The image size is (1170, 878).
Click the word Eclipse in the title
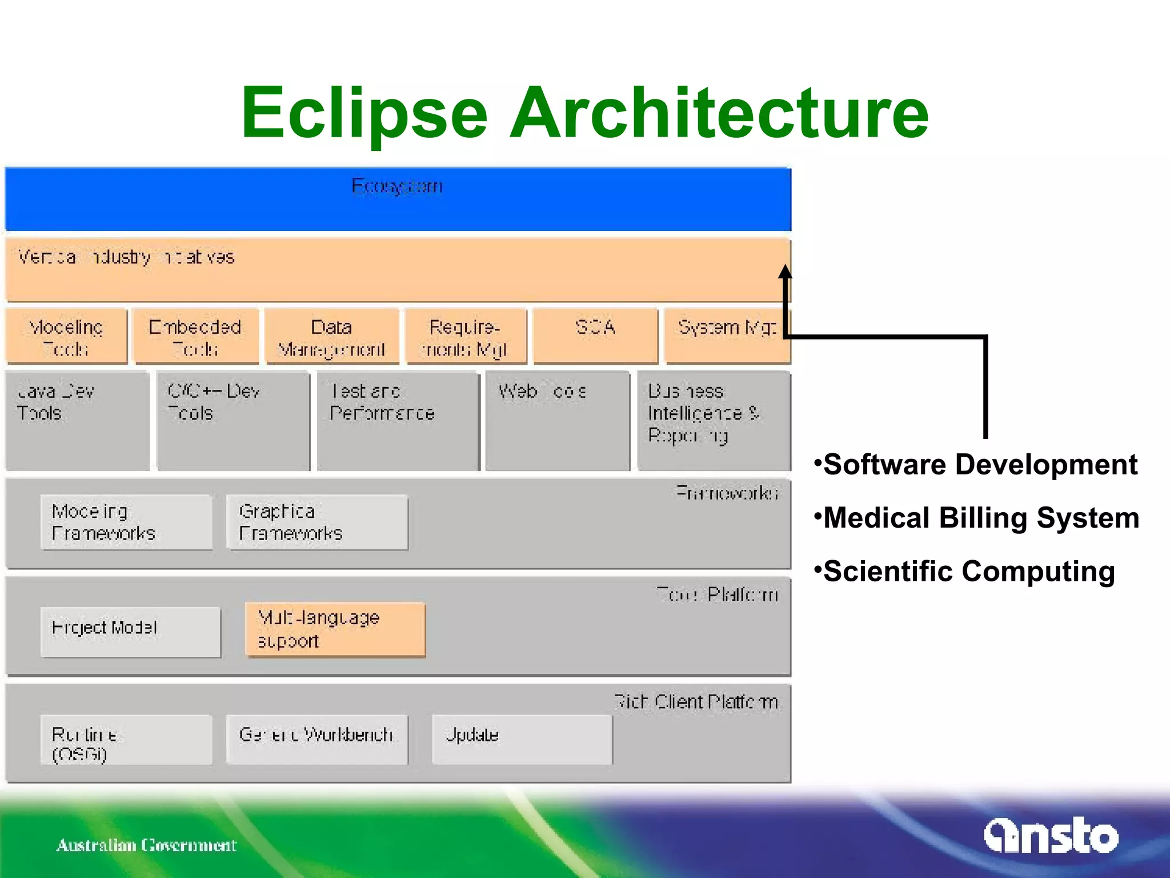point(364,113)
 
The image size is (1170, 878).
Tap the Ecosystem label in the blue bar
point(397,186)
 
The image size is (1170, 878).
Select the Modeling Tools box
point(66,337)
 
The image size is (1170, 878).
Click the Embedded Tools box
point(195,337)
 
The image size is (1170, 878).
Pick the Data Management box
point(331,337)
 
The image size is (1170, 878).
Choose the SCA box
point(595,336)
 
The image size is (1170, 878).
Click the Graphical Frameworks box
point(317,522)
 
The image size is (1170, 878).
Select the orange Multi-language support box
point(335,629)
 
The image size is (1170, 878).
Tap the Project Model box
point(130,631)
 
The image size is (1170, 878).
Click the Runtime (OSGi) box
point(126,740)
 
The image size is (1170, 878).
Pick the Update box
point(522,739)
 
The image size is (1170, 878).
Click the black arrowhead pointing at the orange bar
point(786,272)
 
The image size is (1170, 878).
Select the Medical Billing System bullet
point(977,518)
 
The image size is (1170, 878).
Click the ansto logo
point(1051,836)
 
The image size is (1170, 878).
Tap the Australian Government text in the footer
point(146,845)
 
